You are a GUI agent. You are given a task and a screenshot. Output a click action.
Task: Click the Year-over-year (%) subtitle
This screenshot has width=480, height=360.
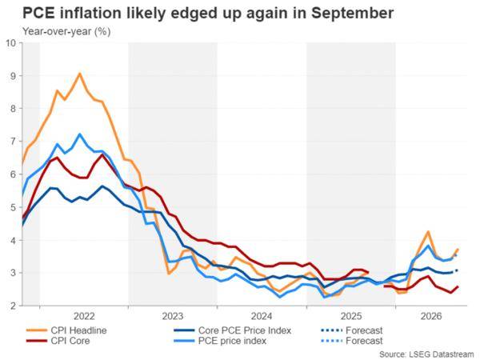pyautogui.click(x=66, y=31)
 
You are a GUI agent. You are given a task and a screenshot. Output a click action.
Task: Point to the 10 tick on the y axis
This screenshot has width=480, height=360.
pyautogui.click(x=10, y=42)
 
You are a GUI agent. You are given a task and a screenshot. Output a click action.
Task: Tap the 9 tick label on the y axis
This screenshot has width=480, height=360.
pyautogui.click(x=13, y=76)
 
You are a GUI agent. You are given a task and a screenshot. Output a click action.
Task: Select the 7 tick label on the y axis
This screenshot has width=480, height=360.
pyautogui.click(x=13, y=142)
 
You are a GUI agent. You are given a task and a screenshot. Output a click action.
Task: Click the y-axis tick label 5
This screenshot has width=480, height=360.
pyautogui.click(x=13, y=207)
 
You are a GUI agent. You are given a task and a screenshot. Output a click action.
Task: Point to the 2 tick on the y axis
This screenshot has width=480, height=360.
pyautogui.click(x=13, y=306)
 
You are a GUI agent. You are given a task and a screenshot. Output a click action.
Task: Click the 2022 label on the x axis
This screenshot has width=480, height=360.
pyautogui.click(x=84, y=316)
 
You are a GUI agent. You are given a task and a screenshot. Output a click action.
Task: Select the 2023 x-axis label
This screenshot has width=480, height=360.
pyautogui.click(x=172, y=316)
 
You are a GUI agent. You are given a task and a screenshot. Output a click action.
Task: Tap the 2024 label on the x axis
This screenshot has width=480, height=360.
pyautogui.click(x=262, y=316)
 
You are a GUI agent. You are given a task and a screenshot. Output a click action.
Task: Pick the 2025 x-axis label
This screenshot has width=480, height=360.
pyautogui.click(x=351, y=316)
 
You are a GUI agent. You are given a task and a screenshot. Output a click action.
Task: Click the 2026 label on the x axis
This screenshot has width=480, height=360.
pyautogui.click(x=431, y=316)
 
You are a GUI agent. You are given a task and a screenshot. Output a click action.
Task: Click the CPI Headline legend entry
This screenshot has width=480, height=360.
pyautogui.click(x=66, y=330)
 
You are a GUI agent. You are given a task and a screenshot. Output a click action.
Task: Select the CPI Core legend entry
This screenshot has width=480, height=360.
pyautogui.click(x=58, y=341)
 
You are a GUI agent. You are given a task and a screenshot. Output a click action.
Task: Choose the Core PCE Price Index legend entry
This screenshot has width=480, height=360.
pyautogui.click(x=232, y=330)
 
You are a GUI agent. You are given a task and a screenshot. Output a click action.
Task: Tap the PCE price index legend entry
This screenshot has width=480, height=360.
pyautogui.click(x=220, y=341)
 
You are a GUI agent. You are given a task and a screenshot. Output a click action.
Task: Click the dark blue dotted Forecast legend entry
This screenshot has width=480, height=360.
pyautogui.click(x=352, y=330)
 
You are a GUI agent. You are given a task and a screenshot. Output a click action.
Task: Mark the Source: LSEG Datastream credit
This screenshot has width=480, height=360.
pyautogui.click(x=426, y=354)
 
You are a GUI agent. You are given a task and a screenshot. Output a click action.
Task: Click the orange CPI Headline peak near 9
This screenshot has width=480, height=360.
pyautogui.click(x=80, y=74)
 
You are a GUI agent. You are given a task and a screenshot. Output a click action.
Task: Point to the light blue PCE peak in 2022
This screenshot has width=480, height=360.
pyautogui.click(x=80, y=134)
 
